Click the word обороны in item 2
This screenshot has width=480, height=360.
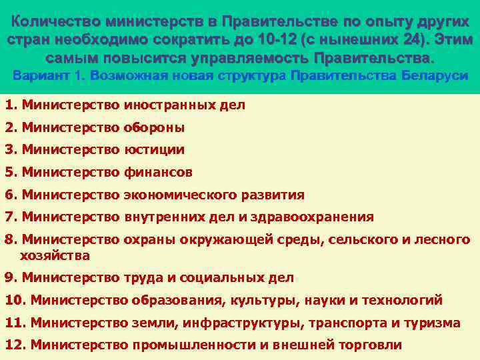coord(154,127)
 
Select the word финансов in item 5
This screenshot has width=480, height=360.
coord(158,172)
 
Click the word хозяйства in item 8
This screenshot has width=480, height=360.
coord(55,255)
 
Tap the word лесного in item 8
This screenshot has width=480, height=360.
coord(447,239)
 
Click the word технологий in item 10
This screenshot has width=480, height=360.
coord(404,300)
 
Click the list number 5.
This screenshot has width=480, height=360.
coord(9,172)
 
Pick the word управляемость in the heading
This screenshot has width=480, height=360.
coord(241,54)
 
